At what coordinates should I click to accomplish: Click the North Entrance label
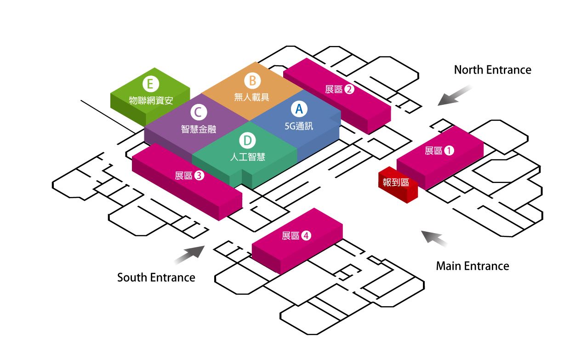tap(492, 70)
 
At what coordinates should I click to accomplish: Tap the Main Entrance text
tap(472, 266)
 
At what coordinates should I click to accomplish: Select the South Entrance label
tap(156, 278)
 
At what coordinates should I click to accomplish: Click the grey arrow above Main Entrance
tap(435, 238)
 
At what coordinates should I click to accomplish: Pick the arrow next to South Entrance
tap(189, 254)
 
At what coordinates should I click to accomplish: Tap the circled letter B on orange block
tap(252, 81)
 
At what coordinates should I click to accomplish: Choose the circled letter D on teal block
tap(247, 140)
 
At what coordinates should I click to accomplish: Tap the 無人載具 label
tap(251, 97)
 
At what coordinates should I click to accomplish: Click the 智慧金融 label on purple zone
tap(199, 129)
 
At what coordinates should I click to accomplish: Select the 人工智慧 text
tap(247, 156)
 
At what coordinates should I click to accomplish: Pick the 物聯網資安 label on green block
tap(151, 100)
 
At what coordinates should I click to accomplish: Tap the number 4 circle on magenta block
tap(307, 236)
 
